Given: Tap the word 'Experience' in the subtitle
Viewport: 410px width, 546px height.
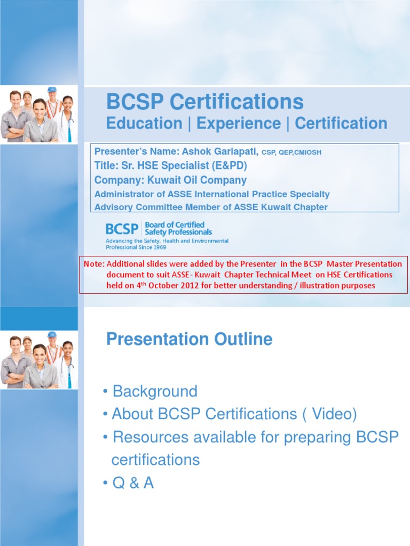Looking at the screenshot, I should pos(238,124).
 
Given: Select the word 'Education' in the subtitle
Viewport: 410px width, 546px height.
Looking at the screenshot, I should pos(144,124).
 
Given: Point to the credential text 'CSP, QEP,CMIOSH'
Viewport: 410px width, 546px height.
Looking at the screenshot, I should pos(291,152).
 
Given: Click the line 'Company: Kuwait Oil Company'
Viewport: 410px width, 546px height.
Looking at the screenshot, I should pos(170,180).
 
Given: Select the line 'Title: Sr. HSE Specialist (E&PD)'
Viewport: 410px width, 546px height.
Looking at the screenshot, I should pos(171,166).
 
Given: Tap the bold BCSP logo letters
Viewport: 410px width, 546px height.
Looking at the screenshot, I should pos(122,229).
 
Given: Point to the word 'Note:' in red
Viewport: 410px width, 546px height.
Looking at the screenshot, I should pos(94,264).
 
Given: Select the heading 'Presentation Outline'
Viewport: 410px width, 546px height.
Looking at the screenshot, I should pos(189,339).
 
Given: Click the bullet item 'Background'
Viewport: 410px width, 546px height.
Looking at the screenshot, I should pos(154,391).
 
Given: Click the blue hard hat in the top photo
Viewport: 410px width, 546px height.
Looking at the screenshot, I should pos(52,90).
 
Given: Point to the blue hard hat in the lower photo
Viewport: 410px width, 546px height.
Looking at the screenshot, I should pos(52,334).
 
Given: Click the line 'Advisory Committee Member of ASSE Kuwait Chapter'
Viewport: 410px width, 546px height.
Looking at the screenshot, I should pos(211,207).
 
